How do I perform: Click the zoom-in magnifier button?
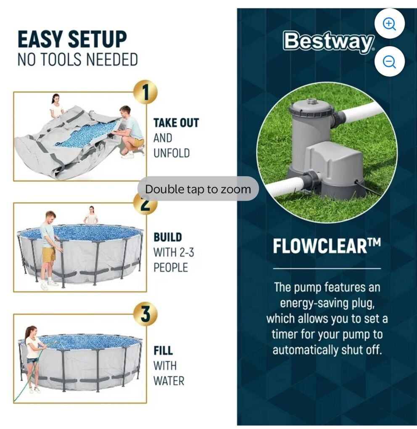point(389,24)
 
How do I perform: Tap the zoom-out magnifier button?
point(389,61)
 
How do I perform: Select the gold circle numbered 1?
point(145,92)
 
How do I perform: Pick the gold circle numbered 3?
point(145,314)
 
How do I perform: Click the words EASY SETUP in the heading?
point(72,39)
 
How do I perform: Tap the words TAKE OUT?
point(176,123)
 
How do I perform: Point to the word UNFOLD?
point(172,153)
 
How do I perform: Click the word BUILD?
point(168,237)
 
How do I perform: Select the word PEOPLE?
point(171,267)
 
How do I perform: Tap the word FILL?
point(163,350)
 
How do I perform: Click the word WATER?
point(169,381)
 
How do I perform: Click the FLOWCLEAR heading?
point(327,246)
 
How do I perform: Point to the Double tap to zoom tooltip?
point(198,189)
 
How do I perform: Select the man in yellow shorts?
point(49,249)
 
